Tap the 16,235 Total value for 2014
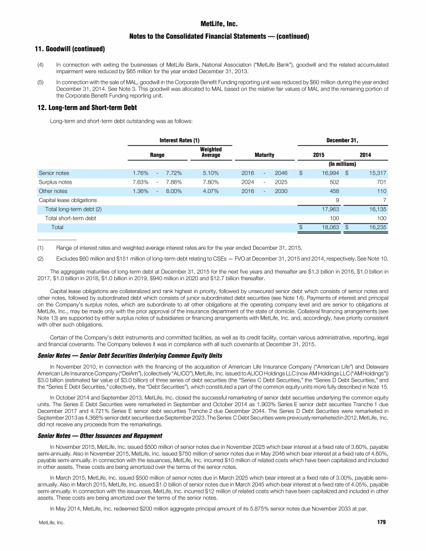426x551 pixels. point(375,228)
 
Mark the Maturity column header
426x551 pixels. point(265,155)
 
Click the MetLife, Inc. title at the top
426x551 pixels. point(213,24)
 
